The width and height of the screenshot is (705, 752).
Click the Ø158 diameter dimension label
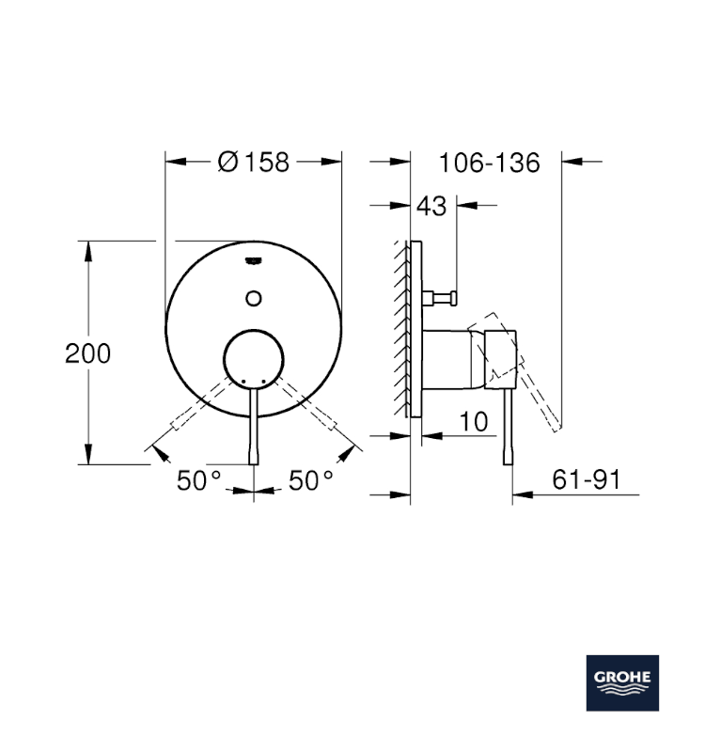[x=253, y=163]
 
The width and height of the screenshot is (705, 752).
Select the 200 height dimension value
[x=88, y=353]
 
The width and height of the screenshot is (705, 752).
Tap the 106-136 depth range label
[x=490, y=163]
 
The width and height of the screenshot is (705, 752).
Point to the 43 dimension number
[x=431, y=206]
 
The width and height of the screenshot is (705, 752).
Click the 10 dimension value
[x=476, y=422]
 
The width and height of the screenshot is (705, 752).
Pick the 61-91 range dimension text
[x=587, y=480]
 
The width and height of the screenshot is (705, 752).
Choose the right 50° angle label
[x=311, y=480]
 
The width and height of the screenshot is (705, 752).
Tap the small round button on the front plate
[x=253, y=298]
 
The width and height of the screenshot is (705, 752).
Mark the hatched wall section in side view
[x=404, y=329]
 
